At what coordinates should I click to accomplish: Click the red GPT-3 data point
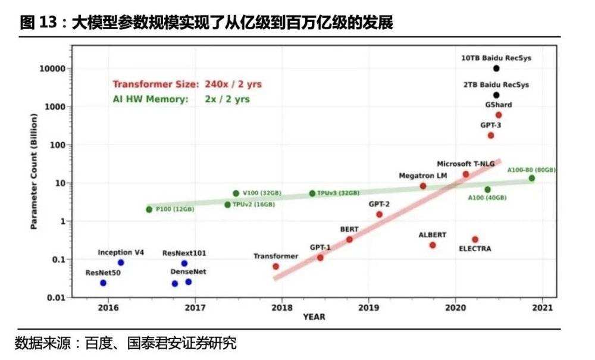(x=491, y=136)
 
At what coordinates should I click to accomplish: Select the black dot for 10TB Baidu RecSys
(x=496, y=68)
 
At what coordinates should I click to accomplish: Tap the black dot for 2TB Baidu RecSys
(x=496, y=95)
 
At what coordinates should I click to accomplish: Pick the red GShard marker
(x=499, y=115)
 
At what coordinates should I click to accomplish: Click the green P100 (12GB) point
(x=149, y=209)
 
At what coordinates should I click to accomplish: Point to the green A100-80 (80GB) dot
(x=531, y=179)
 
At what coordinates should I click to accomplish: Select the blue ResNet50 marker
(x=103, y=283)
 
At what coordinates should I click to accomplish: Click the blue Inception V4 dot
(x=121, y=262)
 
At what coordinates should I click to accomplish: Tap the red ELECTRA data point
(x=475, y=239)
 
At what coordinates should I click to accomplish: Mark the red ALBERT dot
(x=433, y=245)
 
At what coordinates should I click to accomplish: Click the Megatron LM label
(x=423, y=176)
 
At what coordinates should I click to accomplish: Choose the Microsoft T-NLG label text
(x=465, y=163)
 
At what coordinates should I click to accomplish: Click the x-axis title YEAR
(x=314, y=317)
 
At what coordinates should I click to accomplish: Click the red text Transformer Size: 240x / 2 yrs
(x=187, y=84)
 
